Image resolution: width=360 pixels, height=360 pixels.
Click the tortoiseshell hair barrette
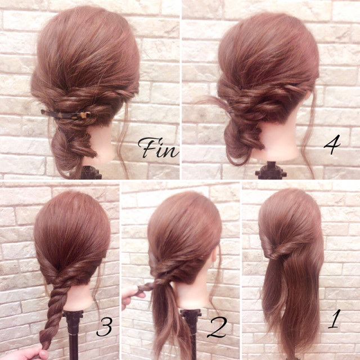pyautogui.click(x=65, y=115)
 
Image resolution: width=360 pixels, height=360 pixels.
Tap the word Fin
pyautogui.click(x=159, y=147)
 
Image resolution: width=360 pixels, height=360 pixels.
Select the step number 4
pyautogui.click(x=332, y=144)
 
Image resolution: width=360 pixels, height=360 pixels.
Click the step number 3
pyautogui.click(x=105, y=327)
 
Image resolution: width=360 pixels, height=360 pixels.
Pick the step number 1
pyautogui.click(x=334, y=319)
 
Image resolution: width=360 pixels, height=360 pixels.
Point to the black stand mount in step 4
pyautogui.click(x=271, y=170)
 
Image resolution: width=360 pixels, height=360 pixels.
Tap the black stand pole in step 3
pyautogui.click(x=73, y=335)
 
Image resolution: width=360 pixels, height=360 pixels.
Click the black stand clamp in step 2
pyautogui.click(x=191, y=314)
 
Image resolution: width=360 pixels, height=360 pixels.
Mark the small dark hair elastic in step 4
pyautogui.click(x=230, y=112)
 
